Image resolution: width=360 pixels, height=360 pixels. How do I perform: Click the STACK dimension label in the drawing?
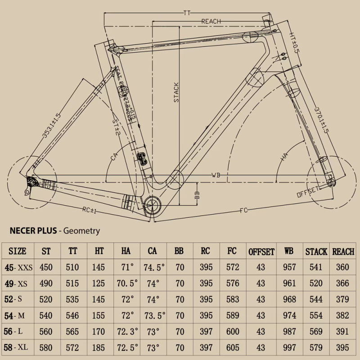coord(176,92)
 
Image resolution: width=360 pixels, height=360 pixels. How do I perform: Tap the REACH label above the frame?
coord(211,21)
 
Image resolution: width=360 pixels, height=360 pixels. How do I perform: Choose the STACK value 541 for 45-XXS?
coord(316,267)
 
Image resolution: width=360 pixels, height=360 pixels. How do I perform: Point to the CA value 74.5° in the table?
coord(154,267)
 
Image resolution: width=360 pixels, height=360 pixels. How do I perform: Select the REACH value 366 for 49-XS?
coord(343,283)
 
